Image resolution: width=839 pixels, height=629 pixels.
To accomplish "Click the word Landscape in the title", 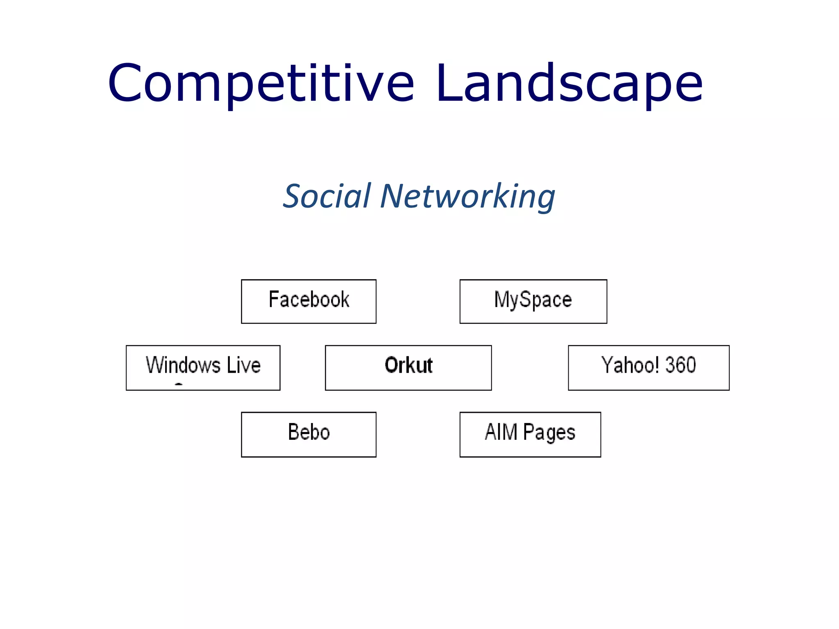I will coord(569,84).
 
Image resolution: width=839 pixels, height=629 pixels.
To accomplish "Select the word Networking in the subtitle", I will coord(467,197).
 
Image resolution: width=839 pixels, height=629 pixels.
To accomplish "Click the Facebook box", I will coord(308,301).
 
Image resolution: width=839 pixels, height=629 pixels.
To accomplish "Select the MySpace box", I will coord(533,301).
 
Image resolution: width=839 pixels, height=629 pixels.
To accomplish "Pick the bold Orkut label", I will coord(408,365).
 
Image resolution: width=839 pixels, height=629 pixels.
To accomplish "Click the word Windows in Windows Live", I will coord(183,365).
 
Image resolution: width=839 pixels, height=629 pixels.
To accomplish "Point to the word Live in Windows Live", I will coord(244,365).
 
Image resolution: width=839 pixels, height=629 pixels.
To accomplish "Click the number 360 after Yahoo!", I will coord(680,365).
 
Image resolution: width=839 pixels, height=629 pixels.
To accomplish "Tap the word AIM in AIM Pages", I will coord(501,432).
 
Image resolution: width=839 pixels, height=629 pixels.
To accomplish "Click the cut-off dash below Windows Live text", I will coord(179,384).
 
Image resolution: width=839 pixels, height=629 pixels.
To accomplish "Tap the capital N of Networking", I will coord(393,197).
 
